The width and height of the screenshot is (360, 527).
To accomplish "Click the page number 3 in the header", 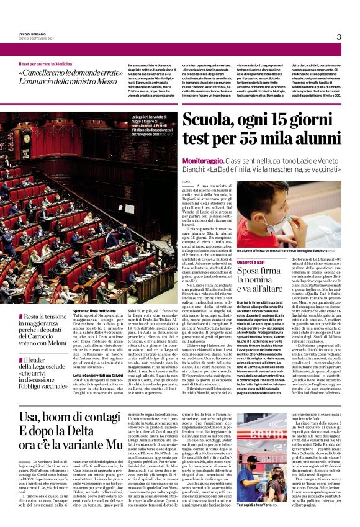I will click(339, 37).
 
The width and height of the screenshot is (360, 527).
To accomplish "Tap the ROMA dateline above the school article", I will click(186, 181).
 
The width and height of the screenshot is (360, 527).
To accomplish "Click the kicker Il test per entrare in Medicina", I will click(45, 64).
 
